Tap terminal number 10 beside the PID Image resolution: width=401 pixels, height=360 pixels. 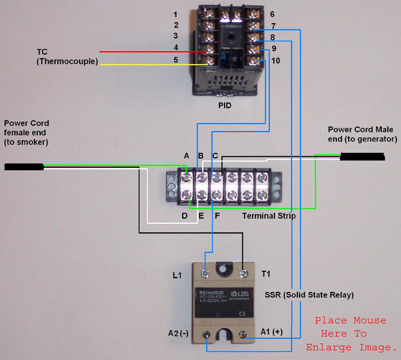pos(276,60)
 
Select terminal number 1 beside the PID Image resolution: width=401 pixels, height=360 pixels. pos(176,14)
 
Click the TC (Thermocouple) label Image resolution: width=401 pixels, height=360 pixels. pos(67,56)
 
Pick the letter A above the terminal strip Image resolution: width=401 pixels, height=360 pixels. pos(186,156)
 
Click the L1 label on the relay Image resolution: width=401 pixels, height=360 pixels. pos(178,276)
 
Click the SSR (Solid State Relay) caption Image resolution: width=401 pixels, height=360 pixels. pos(309,295)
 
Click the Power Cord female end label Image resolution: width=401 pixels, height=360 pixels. pos(26,132)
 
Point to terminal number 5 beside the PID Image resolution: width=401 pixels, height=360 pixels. pos(176,60)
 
